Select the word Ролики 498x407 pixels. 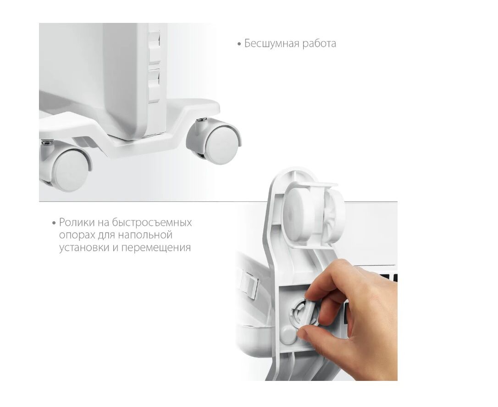pyautogui.click(x=77, y=222)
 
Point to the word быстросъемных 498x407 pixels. pyautogui.click(x=152, y=222)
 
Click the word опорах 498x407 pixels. pyautogui.click(x=77, y=235)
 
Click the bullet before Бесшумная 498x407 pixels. pyautogui.click(x=239, y=44)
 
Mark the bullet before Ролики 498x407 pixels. pyautogui.click(x=54, y=223)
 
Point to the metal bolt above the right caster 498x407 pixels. pyautogui.click(x=201, y=120)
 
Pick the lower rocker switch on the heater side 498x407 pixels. pyautogui.click(x=155, y=86)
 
